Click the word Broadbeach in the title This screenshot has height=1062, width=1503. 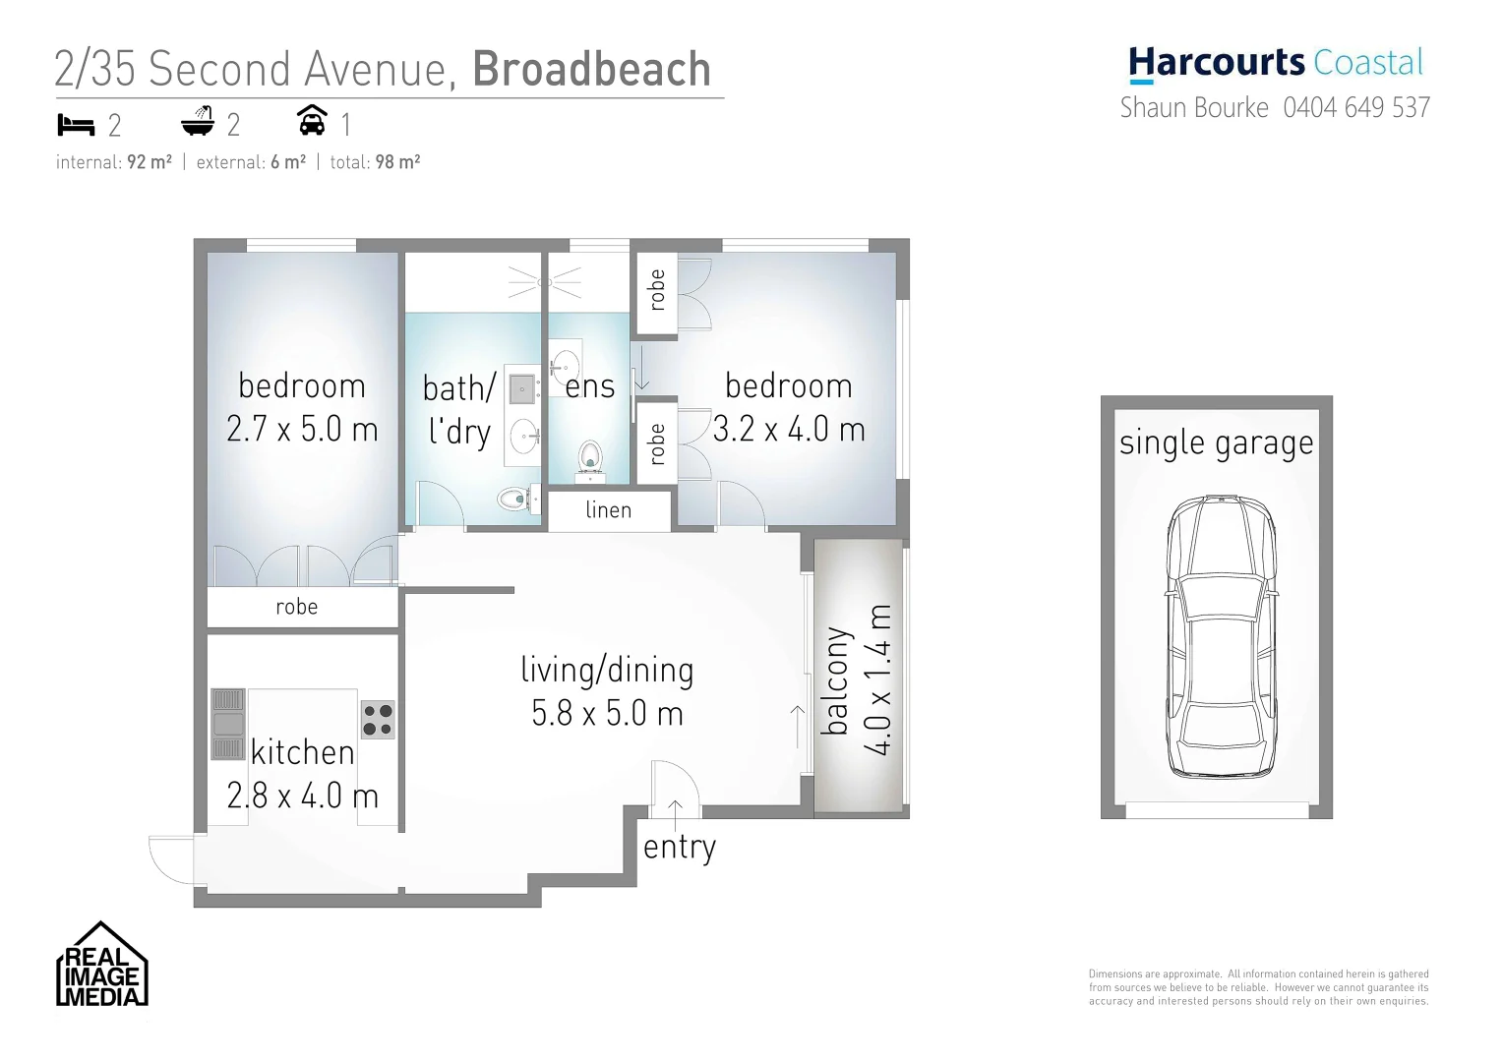click(x=591, y=70)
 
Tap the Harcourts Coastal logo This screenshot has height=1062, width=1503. click(x=1276, y=64)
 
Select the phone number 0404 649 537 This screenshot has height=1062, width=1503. click(x=1356, y=107)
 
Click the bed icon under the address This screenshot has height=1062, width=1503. click(x=76, y=125)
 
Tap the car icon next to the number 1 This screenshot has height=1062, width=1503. click(x=312, y=121)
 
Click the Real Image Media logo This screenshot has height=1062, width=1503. click(x=101, y=965)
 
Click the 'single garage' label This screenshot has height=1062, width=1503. click(x=1216, y=443)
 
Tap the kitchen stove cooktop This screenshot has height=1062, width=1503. click(x=378, y=719)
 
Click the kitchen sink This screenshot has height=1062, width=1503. click(x=228, y=725)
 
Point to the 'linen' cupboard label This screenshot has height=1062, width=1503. click(x=608, y=510)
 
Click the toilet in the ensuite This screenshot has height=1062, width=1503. click(x=590, y=458)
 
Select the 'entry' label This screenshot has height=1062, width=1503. click(x=679, y=847)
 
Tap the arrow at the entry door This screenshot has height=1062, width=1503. click(x=676, y=809)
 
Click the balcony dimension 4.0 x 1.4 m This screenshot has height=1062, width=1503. click(x=877, y=680)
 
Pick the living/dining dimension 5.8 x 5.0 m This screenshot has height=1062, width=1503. click(x=607, y=713)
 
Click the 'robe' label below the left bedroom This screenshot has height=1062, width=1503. click(x=296, y=607)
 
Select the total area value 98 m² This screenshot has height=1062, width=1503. click(x=397, y=162)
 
